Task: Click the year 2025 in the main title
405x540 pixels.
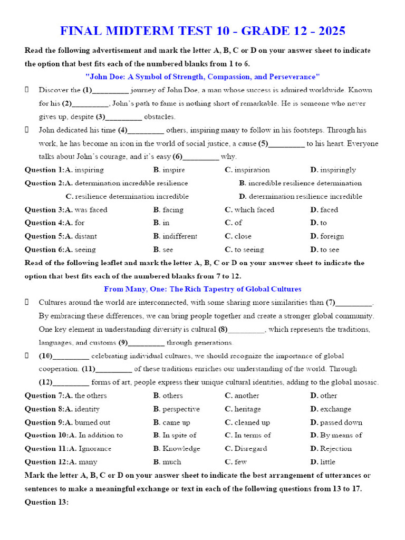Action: (327, 31)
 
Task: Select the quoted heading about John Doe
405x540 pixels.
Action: (202, 76)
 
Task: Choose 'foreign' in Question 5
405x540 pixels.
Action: (332, 236)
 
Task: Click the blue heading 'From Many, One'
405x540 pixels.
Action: (202, 289)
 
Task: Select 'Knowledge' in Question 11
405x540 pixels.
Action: (181, 449)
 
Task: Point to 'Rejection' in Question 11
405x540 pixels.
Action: (335, 449)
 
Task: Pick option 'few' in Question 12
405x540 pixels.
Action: (240, 462)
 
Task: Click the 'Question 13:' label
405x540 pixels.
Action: (47, 502)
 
